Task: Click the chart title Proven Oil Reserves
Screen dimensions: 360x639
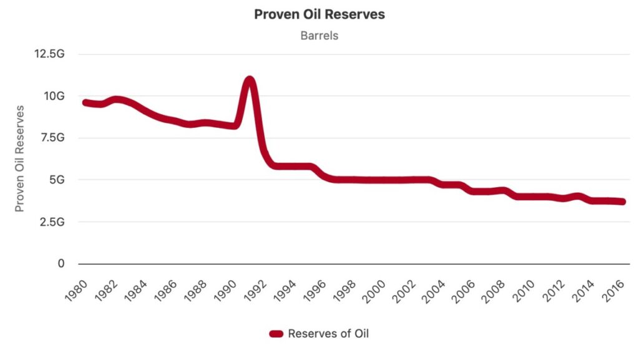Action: point(319,14)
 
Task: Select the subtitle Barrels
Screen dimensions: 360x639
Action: point(319,36)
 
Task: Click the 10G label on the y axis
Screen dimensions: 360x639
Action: point(54,96)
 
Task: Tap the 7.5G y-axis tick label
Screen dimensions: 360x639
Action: point(52,138)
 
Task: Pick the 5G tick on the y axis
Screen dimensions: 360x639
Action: point(57,180)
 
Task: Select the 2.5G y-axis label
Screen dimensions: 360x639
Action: point(52,221)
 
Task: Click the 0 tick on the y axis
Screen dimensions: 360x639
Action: point(61,264)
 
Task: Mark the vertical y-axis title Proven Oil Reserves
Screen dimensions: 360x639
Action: point(20,158)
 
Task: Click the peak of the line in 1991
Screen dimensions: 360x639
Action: point(250,81)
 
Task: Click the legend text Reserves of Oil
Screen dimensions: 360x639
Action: point(328,334)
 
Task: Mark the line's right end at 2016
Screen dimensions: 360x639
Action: point(622,202)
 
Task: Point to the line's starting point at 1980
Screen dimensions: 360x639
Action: point(85,102)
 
